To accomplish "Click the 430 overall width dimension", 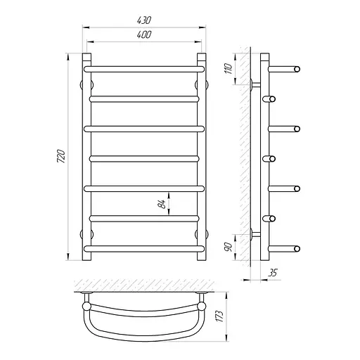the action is click(x=144, y=20).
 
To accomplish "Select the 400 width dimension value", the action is click(x=144, y=34).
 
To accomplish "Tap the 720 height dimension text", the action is click(x=60, y=156).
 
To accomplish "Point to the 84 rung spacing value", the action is click(x=162, y=204).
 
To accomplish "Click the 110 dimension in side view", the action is click(x=229, y=69).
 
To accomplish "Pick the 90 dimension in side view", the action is click(x=229, y=247).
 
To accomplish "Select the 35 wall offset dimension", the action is click(x=272, y=273).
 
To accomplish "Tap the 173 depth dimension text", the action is click(x=219, y=316).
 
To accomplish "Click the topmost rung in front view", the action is click(x=144, y=69).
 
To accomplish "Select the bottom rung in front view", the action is click(x=144, y=248).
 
